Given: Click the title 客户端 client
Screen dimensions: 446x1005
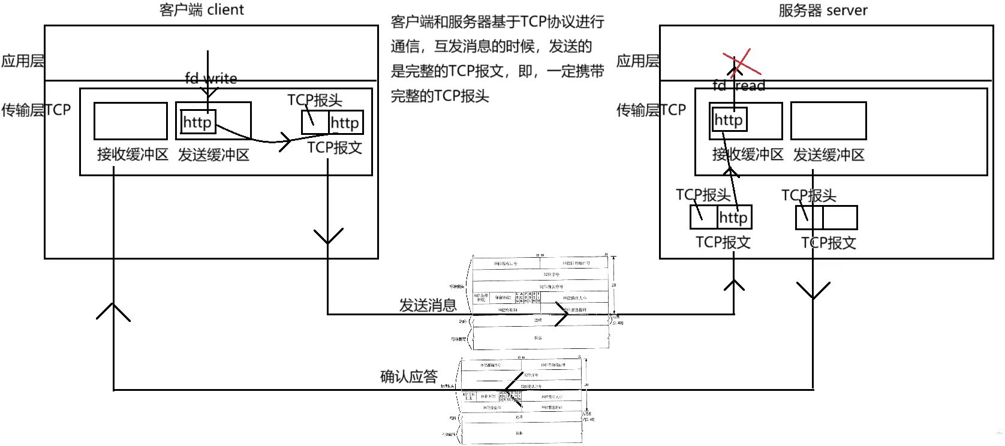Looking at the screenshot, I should pyautogui.click(x=202, y=10).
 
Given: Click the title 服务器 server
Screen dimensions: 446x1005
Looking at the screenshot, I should pyautogui.click(x=823, y=10).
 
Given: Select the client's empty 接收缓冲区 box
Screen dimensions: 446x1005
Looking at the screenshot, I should pyautogui.click(x=130, y=120).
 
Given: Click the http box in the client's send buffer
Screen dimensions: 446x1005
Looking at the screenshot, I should pyautogui.click(x=197, y=122).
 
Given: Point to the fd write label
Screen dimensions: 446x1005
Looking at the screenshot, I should pyautogui.click(x=210, y=79).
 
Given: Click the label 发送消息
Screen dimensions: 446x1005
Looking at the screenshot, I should pyautogui.click(x=428, y=305).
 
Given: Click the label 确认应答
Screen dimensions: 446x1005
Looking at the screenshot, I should pyautogui.click(x=409, y=376).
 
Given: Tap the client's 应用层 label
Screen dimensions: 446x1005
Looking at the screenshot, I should pyautogui.click(x=22, y=61).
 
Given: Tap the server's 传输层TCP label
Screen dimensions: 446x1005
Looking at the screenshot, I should pyautogui.click(x=651, y=110).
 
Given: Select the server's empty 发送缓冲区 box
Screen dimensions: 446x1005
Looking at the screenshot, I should pyautogui.click(x=828, y=120).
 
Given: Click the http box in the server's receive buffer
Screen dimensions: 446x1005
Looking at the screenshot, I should pyautogui.click(x=729, y=120).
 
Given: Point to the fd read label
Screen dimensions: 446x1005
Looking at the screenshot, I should pyautogui.click(x=739, y=86).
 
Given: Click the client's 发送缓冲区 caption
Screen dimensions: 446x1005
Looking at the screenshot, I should pyautogui.click(x=213, y=155).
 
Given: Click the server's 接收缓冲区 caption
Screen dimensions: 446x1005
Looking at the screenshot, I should pyautogui.click(x=748, y=155).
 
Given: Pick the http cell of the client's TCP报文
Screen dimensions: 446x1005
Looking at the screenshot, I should pyautogui.click(x=345, y=123).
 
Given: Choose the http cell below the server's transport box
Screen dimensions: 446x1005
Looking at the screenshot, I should pyautogui.click(x=733, y=217).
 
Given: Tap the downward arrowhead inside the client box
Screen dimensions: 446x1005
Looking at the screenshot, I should pyautogui.click(x=328, y=236).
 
